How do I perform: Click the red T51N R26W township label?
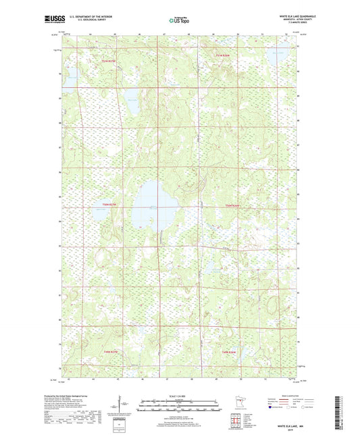(x=223, y=55)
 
